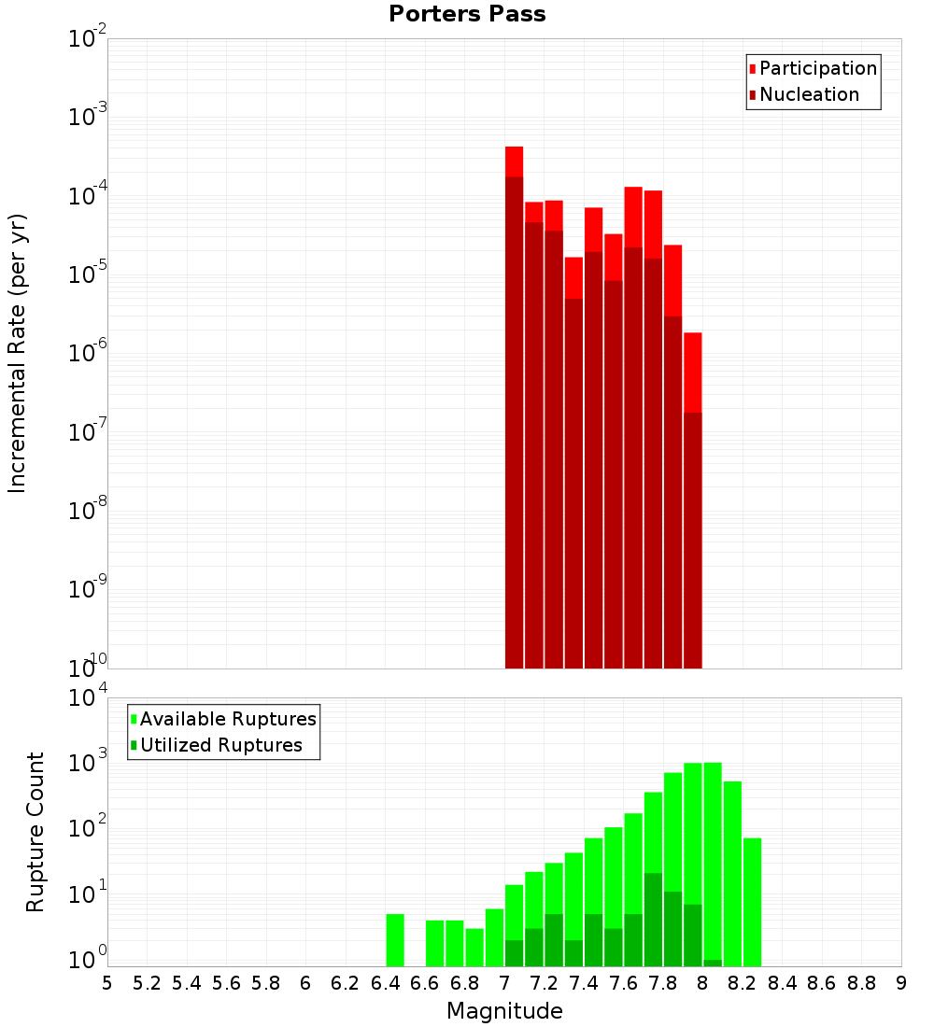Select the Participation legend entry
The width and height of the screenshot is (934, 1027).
[817, 68]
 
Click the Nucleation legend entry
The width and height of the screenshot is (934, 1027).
[809, 94]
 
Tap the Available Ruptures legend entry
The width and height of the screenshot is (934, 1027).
[227, 719]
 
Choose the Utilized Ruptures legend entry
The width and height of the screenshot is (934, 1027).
[220, 745]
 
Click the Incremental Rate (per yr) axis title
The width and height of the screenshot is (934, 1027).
[18, 353]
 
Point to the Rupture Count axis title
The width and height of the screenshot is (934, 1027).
[35, 832]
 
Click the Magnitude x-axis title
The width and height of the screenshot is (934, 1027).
[504, 1011]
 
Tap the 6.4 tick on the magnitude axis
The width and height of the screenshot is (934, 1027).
[385, 983]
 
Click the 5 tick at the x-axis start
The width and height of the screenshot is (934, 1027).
[107, 983]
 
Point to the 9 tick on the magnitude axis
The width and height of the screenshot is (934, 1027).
[901, 983]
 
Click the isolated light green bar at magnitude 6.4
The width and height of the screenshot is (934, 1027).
[395, 940]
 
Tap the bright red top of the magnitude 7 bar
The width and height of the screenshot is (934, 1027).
[514, 161]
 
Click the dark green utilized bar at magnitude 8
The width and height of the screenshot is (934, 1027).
[713, 963]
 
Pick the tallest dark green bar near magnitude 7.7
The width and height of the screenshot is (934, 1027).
[653, 920]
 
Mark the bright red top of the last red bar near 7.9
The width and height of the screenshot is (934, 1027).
[692, 372]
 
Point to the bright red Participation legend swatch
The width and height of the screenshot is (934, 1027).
[753, 68]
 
